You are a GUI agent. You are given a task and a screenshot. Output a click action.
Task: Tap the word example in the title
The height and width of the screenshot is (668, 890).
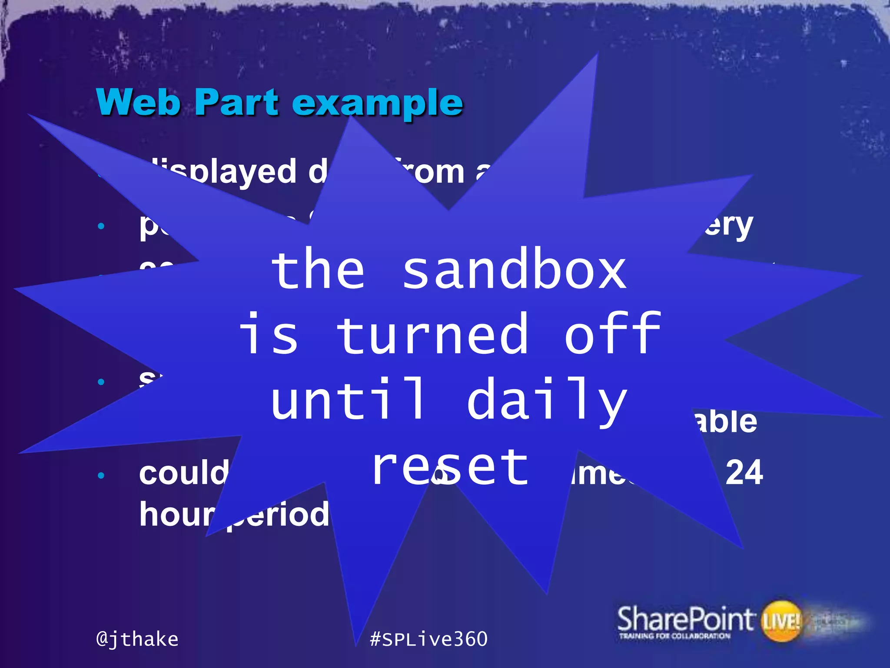click(x=377, y=104)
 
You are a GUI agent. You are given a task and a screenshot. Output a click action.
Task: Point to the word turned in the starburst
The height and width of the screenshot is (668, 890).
click(x=433, y=334)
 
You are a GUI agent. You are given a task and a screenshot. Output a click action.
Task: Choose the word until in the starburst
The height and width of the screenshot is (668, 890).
click(x=348, y=399)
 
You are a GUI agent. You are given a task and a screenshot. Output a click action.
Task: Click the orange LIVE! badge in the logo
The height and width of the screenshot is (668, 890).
click(x=781, y=621)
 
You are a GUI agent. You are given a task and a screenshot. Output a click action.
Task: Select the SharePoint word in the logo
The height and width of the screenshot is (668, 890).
click(x=685, y=619)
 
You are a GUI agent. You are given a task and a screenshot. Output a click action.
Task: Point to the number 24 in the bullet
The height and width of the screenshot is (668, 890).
click(x=744, y=473)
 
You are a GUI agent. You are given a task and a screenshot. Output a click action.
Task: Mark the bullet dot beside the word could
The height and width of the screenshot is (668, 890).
click(x=101, y=475)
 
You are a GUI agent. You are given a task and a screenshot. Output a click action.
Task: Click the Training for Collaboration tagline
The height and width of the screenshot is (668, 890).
click(x=674, y=636)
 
